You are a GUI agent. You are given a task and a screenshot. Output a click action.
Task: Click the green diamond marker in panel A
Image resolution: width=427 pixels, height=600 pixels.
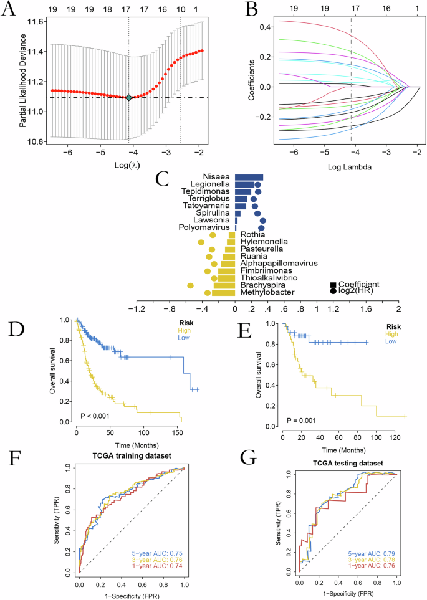tap(129, 98)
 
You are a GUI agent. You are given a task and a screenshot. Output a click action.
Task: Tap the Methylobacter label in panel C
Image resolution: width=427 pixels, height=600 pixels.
tap(269, 292)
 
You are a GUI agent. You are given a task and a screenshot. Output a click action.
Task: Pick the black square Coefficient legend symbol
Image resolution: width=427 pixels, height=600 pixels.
tap(335, 285)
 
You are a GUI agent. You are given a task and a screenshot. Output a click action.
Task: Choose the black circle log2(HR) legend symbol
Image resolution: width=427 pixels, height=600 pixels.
tap(335, 292)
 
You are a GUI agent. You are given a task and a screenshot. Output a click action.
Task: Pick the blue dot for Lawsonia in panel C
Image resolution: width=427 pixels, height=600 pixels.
tap(262, 221)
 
